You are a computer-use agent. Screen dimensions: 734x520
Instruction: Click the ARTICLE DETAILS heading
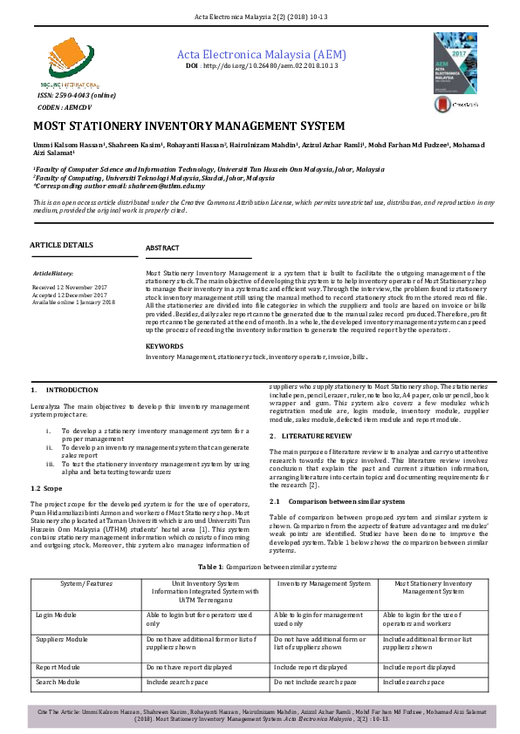coord(61,245)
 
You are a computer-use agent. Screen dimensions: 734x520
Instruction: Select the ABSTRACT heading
coord(162,248)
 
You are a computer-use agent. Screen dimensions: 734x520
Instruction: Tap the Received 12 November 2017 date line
coord(69,286)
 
